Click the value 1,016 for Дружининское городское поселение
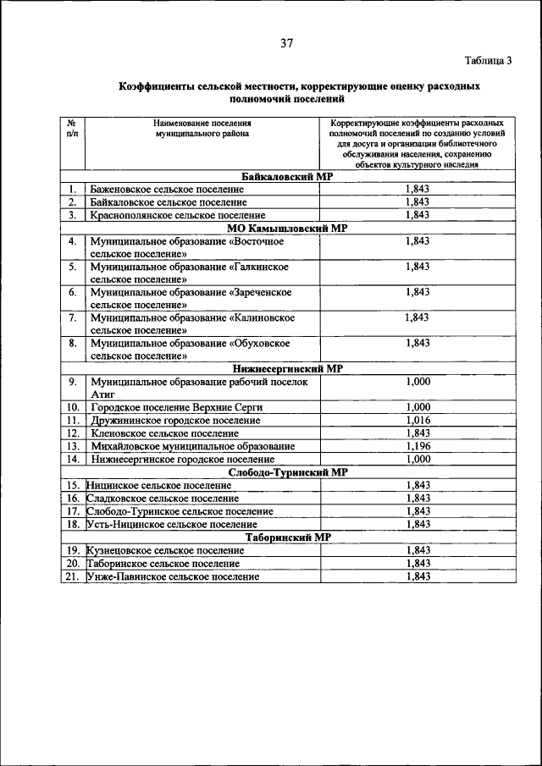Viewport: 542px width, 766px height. [x=418, y=420]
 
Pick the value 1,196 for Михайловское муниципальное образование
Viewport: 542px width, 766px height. [x=418, y=446]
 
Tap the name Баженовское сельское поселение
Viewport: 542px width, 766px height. [x=167, y=190]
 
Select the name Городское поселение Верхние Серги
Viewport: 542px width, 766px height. [x=176, y=407]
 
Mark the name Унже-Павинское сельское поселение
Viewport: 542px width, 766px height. [x=173, y=576]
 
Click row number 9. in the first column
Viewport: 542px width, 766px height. [x=73, y=382]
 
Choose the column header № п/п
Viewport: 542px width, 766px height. [x=72, y=129]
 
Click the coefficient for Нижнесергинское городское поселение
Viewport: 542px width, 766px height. [x=418, y=459]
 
